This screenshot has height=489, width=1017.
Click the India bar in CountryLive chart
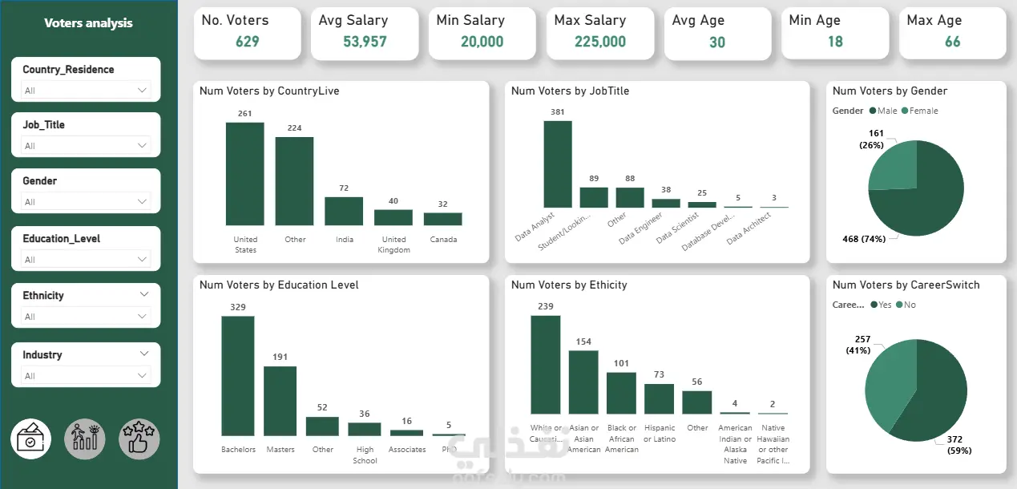tap(344, 211)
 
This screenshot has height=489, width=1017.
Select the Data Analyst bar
tap(558, 164)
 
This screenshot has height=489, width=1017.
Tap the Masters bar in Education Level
tap(280, 401)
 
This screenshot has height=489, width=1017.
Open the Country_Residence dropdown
tap(86, 91)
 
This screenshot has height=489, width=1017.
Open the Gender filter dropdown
tap(86, 202)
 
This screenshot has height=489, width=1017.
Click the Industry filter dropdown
tap(86, 375)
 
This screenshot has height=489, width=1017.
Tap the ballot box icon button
tap(31, 439)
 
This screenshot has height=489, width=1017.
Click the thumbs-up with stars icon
tap(139, 439)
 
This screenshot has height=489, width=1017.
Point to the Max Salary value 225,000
tap(600, 42)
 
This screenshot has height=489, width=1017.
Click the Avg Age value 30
tap(717, 42)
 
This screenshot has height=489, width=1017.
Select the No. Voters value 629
tap(247, 42)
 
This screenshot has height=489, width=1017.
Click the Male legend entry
tap(883, 111)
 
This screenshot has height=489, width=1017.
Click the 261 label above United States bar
tap(244, 114)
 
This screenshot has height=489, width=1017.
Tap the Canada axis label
tap(443, 240)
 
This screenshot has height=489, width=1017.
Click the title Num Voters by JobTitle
tap(570, 91)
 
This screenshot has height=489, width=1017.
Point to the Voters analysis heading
tap(88, 23)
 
